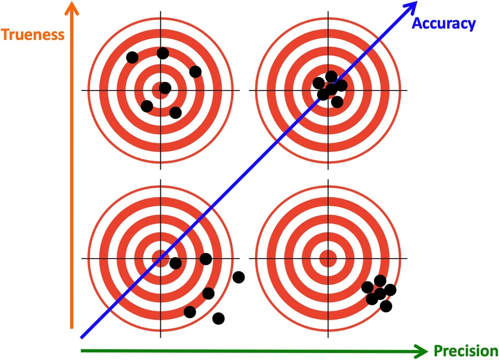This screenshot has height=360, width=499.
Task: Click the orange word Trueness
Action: [x=33, y=34]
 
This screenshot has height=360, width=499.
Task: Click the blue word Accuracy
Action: [x=443, y=23]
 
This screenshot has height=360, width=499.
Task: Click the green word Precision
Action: [x=465, y=351]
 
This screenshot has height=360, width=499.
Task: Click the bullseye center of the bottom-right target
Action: [x=327, y=258]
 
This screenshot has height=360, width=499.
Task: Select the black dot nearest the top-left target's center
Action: [x=165, y=88]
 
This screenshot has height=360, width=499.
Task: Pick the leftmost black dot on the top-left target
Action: [x=132, y=57]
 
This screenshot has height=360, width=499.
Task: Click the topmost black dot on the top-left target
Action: [x=163, y=53]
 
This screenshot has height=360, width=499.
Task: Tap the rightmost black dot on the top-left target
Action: [x=195, y=71]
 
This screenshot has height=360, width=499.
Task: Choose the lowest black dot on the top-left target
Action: [x=175, y=112]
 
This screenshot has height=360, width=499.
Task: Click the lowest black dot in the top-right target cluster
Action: [x=337, y=102]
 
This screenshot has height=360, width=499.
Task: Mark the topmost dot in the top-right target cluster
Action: [x=331, y=76]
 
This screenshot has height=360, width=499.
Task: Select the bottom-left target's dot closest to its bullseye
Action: [x=175, y=263]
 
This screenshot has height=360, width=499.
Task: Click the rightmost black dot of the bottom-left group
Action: [x=239, y=277]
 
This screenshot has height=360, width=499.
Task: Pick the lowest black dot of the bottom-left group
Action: [x=218, y=318]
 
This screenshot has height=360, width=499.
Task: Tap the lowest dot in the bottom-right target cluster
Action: [x=386, y=305]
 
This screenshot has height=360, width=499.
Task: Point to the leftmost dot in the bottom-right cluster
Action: [x=368, y=287]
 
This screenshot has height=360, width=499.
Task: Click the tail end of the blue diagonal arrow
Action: [x=82, y=337]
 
